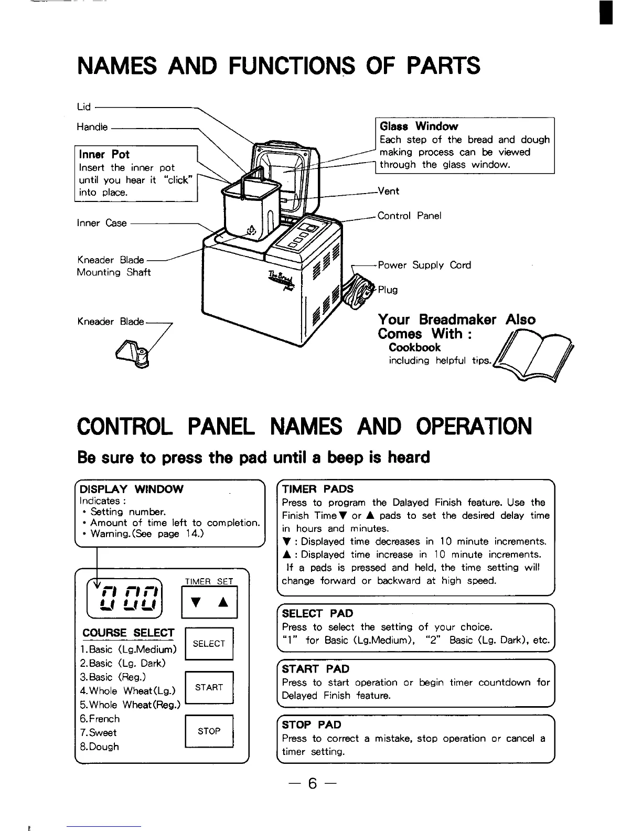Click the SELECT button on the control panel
(x=209, y=644)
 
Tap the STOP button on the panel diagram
(x=209, y=731)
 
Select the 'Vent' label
(x=388, y=191)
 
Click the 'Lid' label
(x=83, y=107)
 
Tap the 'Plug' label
(x=388, y=290)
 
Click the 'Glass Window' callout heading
(x=419, y=126)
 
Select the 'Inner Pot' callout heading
(x=104, y=154)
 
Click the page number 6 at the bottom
(x=313, y=784)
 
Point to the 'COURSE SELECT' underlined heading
(x=129, y=633)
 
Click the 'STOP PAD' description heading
(x=312, y=725)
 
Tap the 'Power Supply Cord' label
(x=424, y=265)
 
